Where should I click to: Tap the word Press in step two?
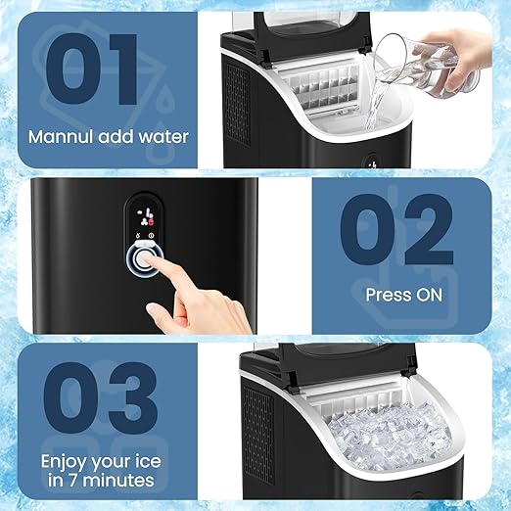pos(386,293)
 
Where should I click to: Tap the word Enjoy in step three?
pos(65,459)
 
